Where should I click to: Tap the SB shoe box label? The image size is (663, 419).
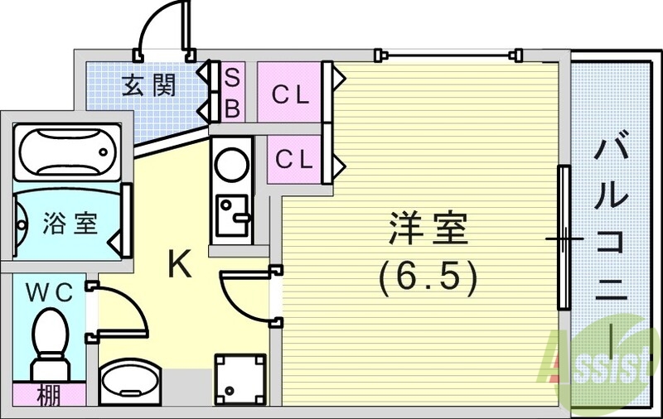pos(233,91)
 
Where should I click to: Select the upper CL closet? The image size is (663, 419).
pos(292,94)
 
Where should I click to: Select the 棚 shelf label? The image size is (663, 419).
pos(48,396)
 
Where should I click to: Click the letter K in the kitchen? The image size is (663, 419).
pos(180,264)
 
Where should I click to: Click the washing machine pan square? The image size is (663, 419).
pos(241,378)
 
